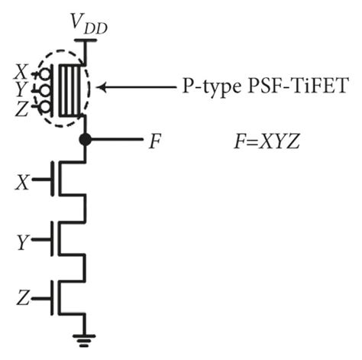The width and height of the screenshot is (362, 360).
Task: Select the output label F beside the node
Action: point(155,141)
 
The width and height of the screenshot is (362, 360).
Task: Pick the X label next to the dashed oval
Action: point(20,72)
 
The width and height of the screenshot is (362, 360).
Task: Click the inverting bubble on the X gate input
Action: point(47,74)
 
